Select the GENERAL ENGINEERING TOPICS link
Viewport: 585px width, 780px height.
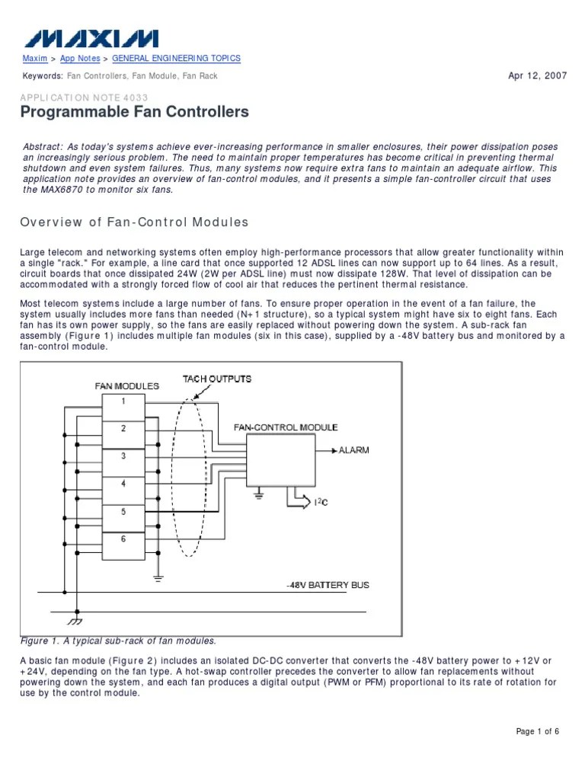coord(176,59)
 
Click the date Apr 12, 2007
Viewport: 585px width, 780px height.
coord(537,76)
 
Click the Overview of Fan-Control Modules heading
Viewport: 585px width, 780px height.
coord(134,222)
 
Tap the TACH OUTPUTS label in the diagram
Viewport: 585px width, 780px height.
coord(217,379)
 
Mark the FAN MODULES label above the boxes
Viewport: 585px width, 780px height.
coord(127,386)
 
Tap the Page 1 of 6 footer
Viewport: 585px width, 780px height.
coord(538,732)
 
